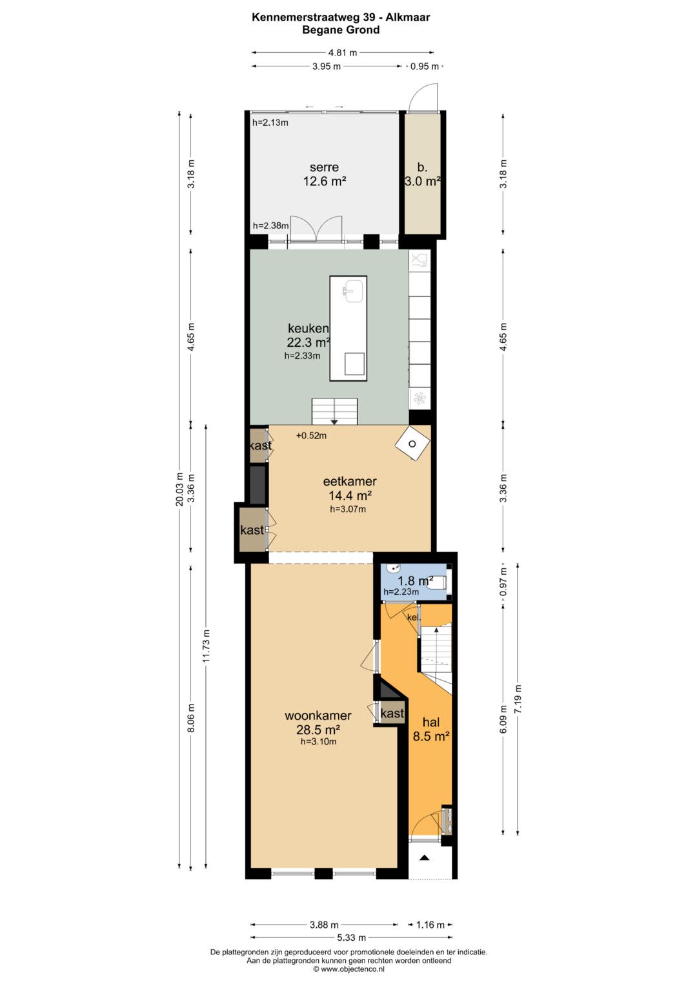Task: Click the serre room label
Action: [x=324, y=167]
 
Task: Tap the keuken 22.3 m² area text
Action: [x=308, y=342]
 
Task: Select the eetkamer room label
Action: [x=350, y=481]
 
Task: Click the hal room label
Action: [x=431, y=722]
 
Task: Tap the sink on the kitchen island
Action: [x=354, y=291]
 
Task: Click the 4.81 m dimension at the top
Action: [x=343, y=53]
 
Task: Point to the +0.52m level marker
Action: [x=311, y=436]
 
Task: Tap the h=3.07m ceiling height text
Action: [x=348, y=509]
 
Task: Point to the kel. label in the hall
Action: [x=414, y=617]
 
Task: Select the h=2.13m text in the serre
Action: [x=270, y=123]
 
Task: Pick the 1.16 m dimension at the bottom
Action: [x=430, y=925]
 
